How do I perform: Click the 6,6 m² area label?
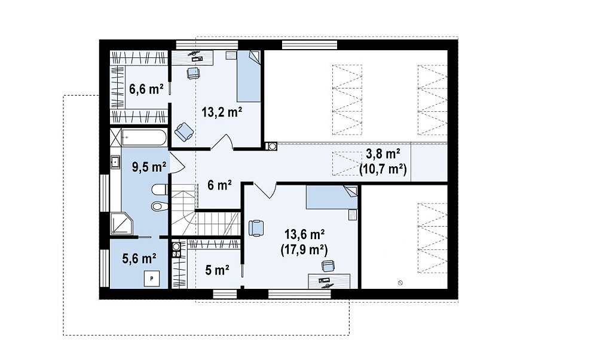click(x=146, y=90)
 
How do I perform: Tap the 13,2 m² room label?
click(x=222, y=112)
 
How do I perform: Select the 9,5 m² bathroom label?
click(x=149, y=167)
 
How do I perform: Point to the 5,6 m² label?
click(x=139, y=258)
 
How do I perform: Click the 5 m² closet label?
click(x=216, y=270)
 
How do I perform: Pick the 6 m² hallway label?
click(x=219, y=185)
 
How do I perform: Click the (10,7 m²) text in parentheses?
click(x=383, y=169)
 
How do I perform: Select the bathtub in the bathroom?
click(x=144, y=137)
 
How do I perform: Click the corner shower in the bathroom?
click(x=121, y=224)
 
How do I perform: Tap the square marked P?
click(x=152, y=279)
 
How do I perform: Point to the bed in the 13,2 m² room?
click(x=249, y=76)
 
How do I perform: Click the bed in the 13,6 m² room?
click(x=331, y=197)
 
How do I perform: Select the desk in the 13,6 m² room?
click(x=329, y=281)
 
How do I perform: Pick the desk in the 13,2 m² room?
click(x=193, y=57)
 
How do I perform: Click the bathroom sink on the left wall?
click(x=115, y=161)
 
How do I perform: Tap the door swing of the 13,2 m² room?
click(x=222, y=141)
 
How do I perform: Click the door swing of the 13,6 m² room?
click(x=265, y=190)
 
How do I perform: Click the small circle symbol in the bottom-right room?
click(x=400, y=283)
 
